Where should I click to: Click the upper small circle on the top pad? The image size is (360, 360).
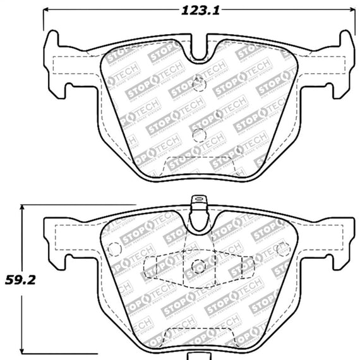point(200,80)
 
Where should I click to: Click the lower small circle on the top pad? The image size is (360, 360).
point(198,135)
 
